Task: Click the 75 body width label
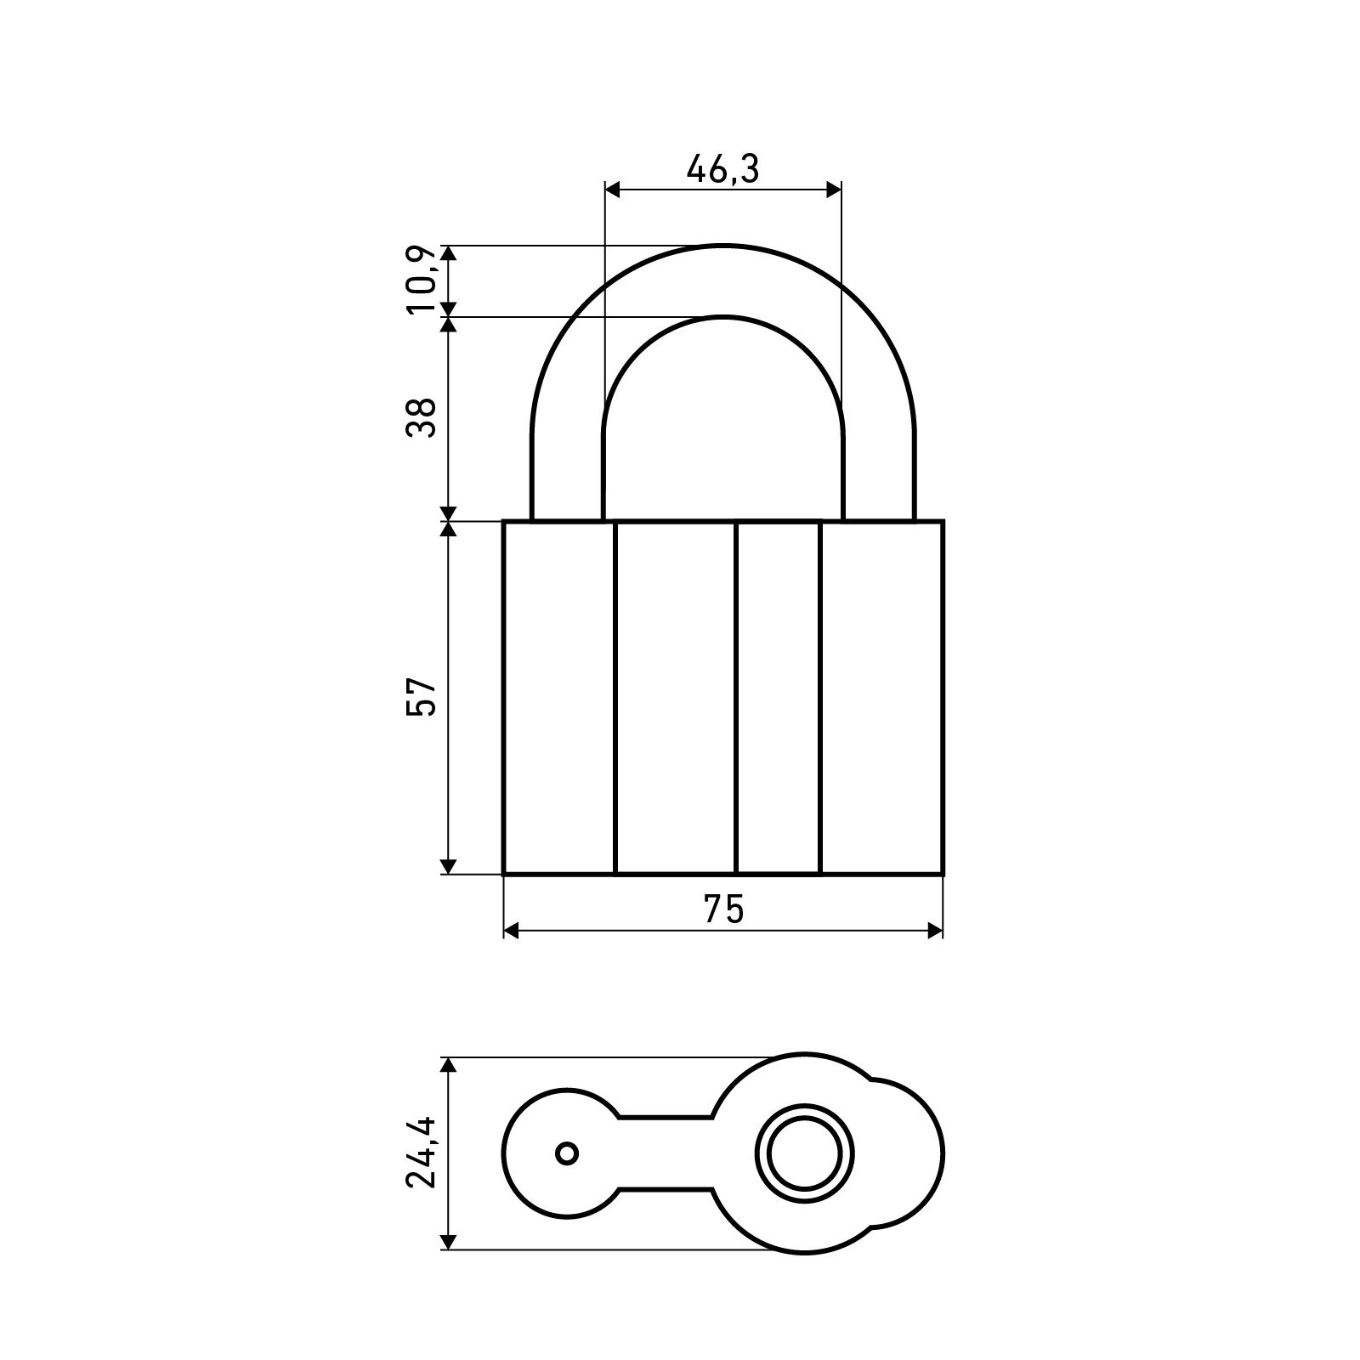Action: point(723,909)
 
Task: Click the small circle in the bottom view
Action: point(568,1153)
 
